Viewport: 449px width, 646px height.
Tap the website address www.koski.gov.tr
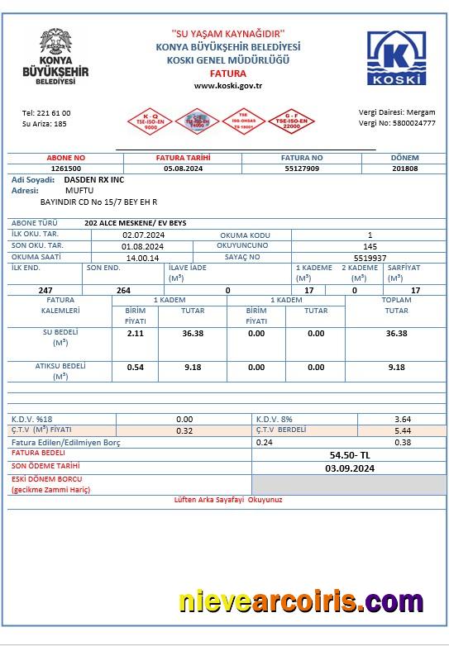click(227, 85)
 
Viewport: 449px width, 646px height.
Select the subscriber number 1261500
click(66, 168)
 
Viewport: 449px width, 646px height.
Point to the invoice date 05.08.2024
click(183, 168)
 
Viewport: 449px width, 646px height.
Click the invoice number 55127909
click(302, 168)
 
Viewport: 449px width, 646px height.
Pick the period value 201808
click(404, 168)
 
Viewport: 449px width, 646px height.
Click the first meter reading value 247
click(45, 290)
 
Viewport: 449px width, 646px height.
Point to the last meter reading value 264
click(123, 290)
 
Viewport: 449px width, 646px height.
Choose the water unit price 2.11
click(135, 333)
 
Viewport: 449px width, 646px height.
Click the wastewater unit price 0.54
click(135, 367)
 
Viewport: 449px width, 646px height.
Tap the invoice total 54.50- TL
click(350, 455)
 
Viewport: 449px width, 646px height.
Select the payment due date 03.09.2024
click(350, 468)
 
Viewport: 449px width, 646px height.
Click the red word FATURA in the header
click(227, 73)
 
